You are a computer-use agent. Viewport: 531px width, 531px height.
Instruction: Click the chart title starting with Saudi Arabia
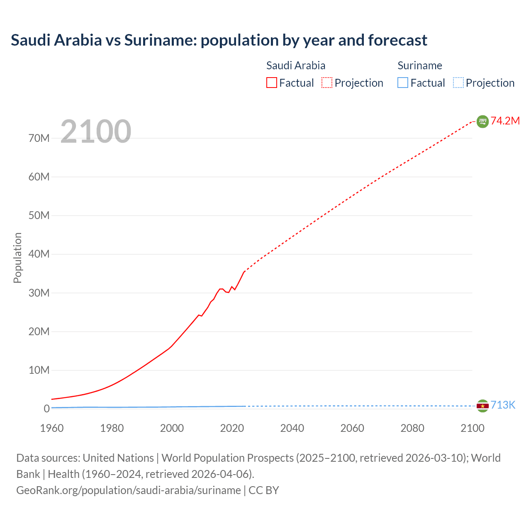coord(219,40)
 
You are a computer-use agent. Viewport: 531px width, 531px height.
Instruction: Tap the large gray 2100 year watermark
coord(96,132)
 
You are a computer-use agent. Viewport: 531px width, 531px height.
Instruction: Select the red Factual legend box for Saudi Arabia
coord(271,83)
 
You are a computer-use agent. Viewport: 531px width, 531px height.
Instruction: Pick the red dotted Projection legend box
coord(327,83)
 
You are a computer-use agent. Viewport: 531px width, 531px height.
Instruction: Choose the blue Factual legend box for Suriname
coord(402,83)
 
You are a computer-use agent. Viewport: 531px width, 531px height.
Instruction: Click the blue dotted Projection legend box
coord(458,83)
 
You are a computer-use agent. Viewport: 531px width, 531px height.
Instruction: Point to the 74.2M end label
coord(505,121)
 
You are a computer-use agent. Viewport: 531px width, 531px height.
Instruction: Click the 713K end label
coord(503,405)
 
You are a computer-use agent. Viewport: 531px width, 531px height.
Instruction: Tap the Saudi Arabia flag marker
coord(482,121)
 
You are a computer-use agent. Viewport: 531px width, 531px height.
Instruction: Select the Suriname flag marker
coord(482,406)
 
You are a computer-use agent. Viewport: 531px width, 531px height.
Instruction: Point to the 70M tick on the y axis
coord(39,138)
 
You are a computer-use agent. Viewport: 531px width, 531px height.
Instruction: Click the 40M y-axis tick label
coord(39,254)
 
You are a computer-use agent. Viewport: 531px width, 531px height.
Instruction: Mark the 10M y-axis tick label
coord(39,370)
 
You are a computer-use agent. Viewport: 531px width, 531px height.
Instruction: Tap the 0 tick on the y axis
coord(46,409)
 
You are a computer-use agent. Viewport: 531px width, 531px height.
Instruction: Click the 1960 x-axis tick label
coord(52,428)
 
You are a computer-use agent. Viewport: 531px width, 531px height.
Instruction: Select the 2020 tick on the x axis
coord(232,428)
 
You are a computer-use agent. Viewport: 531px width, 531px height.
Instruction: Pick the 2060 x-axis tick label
coord(352,428)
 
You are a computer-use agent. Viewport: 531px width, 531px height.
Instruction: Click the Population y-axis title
coord(17,258)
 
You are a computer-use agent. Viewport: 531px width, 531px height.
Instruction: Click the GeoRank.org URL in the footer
coord(129,490)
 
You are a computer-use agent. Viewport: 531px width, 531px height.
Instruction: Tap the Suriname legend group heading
coord(419,66)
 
